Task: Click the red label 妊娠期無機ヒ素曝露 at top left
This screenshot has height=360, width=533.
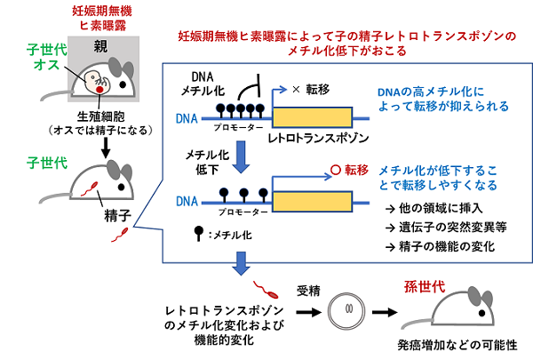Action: click(100, 19)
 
